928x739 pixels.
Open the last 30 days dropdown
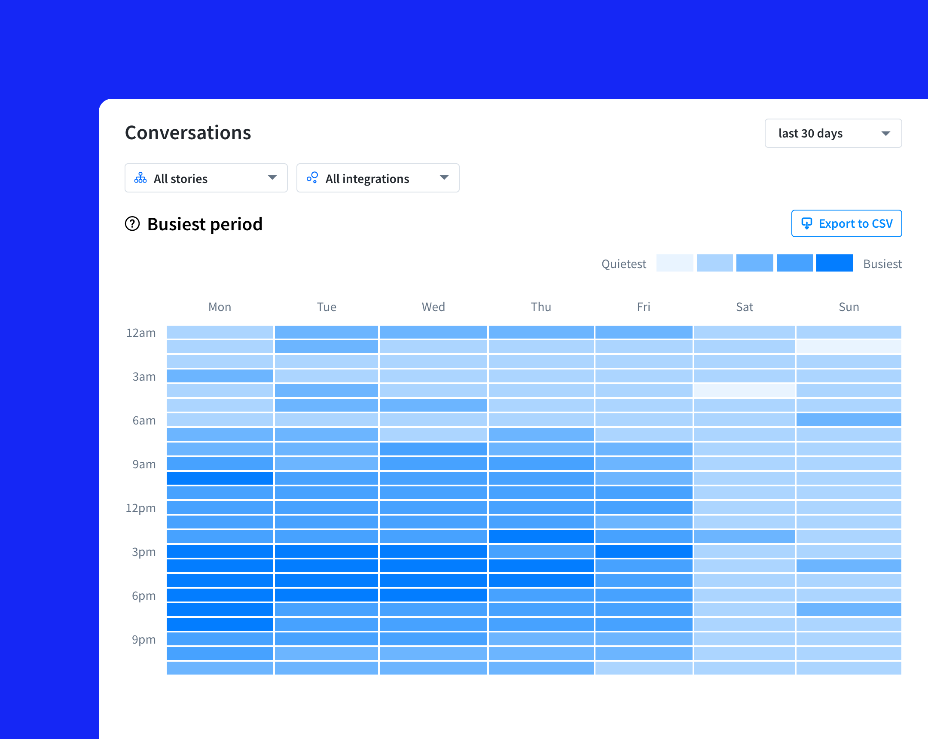coord(833,134)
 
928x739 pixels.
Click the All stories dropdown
coord(206,178)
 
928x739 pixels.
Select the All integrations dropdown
coord(378,178)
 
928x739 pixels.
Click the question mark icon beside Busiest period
coord(132,224)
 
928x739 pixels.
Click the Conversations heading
coord(188,133)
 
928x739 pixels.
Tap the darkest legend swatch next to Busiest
coord(834,263)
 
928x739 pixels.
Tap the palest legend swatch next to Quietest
coord(674,263)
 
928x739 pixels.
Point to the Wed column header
coord(433,307)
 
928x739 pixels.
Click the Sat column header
coord(744,307)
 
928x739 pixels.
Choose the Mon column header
coord(220,307)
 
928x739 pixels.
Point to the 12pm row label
coord(140,508)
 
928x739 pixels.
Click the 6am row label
coord(144,421)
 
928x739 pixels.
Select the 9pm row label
coord(143,640)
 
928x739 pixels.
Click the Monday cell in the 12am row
coord(220,332)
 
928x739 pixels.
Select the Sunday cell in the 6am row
coord(849,420)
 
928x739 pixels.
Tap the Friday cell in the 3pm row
coord(644,551)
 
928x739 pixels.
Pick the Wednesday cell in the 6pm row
coord(433,595)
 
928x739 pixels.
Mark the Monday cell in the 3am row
coord(220,376)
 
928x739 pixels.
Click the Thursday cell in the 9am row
coord(540,464)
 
